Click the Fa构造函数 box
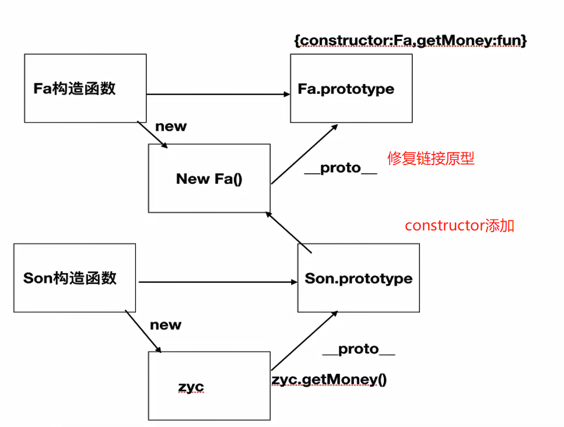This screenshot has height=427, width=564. [x=85, y=88]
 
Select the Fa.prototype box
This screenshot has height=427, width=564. [x=351, y=88]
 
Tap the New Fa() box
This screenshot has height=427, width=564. [x=209, y=178]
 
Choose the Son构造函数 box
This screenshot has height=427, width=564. [x=75, y=278]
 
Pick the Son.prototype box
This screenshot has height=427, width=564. [x=358, y=278]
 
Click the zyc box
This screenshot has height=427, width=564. [x=209, y=386]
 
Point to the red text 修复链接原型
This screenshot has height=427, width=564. [x=431, y=158]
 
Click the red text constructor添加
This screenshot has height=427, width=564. [x=460, y=226]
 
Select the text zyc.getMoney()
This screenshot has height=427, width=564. [x=329, y=380]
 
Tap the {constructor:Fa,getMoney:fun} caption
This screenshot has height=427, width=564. [x=411, y=40]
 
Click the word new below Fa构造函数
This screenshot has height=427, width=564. [x=171, y=127]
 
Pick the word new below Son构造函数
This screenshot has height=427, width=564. [x=166, y=325]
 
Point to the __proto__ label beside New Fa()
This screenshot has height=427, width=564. [x=341, y=168]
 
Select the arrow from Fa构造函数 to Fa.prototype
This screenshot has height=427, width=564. [x=218, y=94]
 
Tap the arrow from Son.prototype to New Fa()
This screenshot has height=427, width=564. [x=289, y=232]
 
